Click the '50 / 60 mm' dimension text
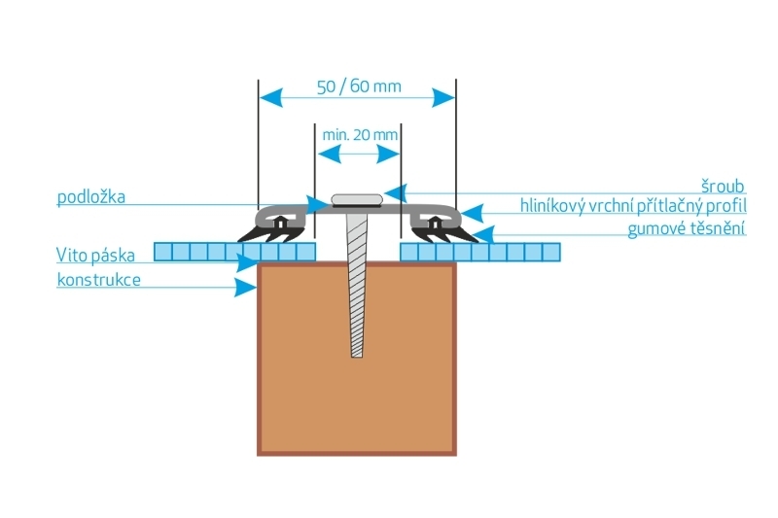pyautogui.click(x=359, y=86)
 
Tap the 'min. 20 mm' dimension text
pyautogui.click(x=360, y=135)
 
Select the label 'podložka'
pyautogui.click(x=91, y=196)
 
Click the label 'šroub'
pyautogui.click(x=723, y=187)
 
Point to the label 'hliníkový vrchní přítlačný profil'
pyautogui.click(x=633, y=206)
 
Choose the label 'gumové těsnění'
pyautogui.click(x=687, y=228)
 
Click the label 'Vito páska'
pyautogui.click(x=95, y=255)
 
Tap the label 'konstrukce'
pyautogui.click(x=99, y=280)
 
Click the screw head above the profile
pyautogui.click(x=357, y=200)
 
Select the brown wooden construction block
pyautogui.click(x=357, y=359)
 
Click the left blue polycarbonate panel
pyautogui.click(x=234, y=252)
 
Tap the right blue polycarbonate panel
pyautogui.click(x=480, y=252)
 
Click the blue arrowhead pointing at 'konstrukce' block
pyautogui.click(x=246, y=288)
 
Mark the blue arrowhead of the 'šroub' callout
pyautogui.click(x=396, y=192)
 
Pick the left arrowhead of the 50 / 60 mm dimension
pyautogui.click(x=270, y=97)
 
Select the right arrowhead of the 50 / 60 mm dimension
pyautogui.click(x=443, y=97)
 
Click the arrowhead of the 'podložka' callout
pyautogui.click(x=318, y=204)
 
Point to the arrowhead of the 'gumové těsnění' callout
pyautogui.click(x=483, y=234)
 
